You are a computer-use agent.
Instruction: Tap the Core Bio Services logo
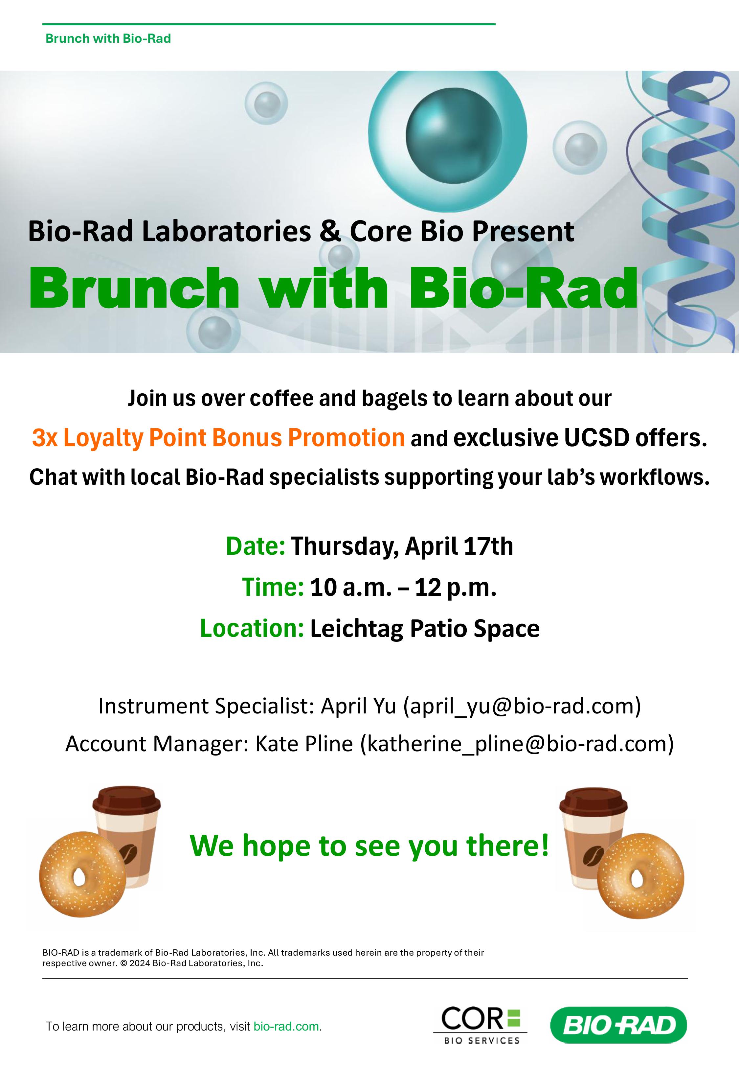coord(480,1026)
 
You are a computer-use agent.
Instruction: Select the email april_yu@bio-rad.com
coord(522,706)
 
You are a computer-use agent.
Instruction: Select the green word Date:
coord(256,546)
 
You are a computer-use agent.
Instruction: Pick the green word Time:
coord(273,587)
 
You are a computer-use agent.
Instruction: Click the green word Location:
coord(252,629)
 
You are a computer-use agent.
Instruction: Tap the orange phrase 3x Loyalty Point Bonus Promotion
coord(218,438)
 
